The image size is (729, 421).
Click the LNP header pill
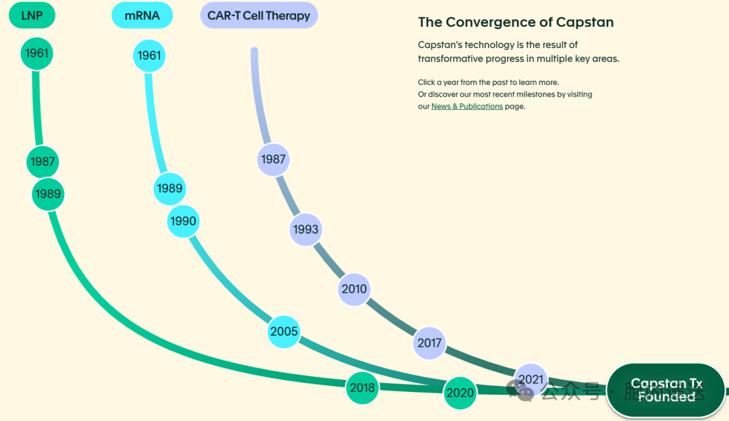32,16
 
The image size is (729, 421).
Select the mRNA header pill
142,16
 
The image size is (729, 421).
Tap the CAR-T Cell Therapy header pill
259,16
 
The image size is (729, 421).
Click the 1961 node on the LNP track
36,53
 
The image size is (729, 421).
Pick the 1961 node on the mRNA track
149,55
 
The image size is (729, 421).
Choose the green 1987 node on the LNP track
43,162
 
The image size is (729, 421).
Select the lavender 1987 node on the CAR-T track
273,160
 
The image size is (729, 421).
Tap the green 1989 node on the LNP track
48,194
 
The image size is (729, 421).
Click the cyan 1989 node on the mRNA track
169,188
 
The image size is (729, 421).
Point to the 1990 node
183,221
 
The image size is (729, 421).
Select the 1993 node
306,229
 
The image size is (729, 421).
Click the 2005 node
283,332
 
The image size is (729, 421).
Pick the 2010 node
354,289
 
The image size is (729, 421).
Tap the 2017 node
429,343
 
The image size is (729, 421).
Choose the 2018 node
362,388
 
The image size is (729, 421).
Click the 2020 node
460,393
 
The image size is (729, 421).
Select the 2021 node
531,380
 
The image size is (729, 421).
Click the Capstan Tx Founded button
666,391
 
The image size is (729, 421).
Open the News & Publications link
466,107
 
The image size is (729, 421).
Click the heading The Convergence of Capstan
516,22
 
